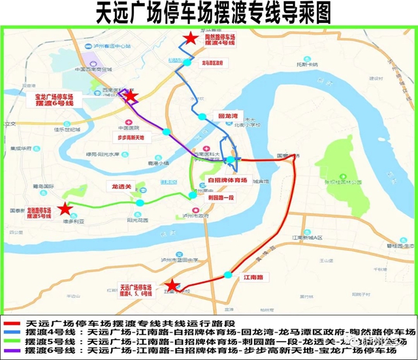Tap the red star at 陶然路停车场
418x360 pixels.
(x=189, y=39)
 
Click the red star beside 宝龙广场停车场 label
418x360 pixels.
(x=131, y=97)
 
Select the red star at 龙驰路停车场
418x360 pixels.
(x=65, y=209)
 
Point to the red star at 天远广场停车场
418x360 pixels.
(x=172, y=286)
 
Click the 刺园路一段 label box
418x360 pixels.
(x=221, y=195)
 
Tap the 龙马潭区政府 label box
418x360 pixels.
(x=212, y=63)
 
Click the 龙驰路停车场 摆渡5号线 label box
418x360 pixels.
(x=40, y=213)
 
